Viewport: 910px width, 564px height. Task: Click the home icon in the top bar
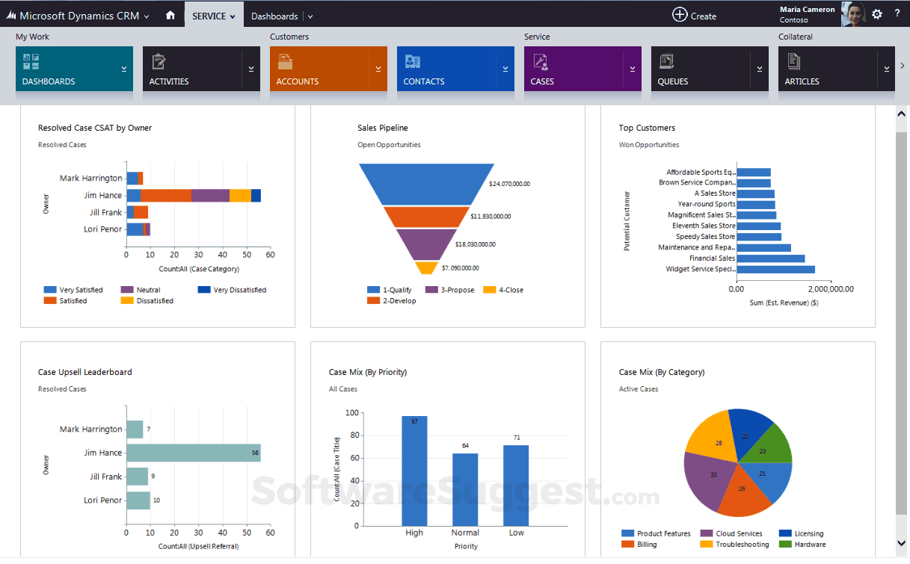[x=170, y=15]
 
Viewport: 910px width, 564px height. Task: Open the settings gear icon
[x=877, y=14]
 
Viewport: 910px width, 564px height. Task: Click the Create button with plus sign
[x=694, y=15]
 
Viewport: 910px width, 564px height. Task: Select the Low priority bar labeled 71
[x=516, y=486]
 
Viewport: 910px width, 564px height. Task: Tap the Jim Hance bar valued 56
[x=193, y=453]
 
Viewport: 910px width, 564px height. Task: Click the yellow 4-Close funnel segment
[x=425, y=267]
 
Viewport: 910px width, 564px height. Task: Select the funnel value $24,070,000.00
[x=509, y=183]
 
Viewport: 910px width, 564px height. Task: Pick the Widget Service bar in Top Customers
[x=775, y=269]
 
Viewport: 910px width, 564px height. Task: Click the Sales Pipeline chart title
[x=383, y=128]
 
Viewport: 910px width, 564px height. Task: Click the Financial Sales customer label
[x=712, y=258]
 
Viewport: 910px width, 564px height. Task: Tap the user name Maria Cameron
[x=807, y=10]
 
